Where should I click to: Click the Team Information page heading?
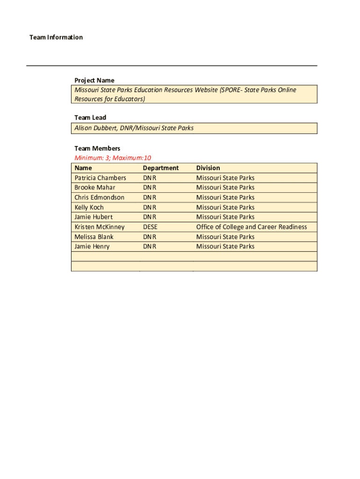pyautogui.click(x=56, y=37)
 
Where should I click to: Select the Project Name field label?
pyautogui.click(x=94, y=80)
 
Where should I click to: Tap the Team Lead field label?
pyautogui.click(x=90, y=117)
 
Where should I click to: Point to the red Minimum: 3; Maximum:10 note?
pyautogui.click(x=113, y=158)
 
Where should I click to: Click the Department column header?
pyautogui.click(x=161, y=168)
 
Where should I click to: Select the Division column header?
pyautogui.click(x=208, y=168)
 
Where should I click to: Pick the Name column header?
pyautogui.click(x=83, y=168)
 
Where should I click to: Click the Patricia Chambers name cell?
pyautogui.click(x=100, y=178)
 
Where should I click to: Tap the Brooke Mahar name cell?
pyautogui.click(x=94, y=188)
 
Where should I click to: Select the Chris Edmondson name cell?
pyautogui.click(x=99, y=197)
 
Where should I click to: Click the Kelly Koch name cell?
pyautogui.click(x=89, y=207)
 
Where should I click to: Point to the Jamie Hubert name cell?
pyautogui.click(x=94, y=217)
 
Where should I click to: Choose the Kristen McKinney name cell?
pyautogui.click(x=100, y=227)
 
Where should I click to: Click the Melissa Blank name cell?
pyautogui.click(x=94, y=237)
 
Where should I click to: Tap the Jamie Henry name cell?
pyautogui.click(x=92, y=247)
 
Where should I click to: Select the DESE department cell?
pyautogui.click(x=150, y=227)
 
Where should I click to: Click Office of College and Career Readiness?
pyautogui.click(x=252, y=227)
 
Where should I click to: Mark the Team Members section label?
pyautogui.click(x=97, y=149)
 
